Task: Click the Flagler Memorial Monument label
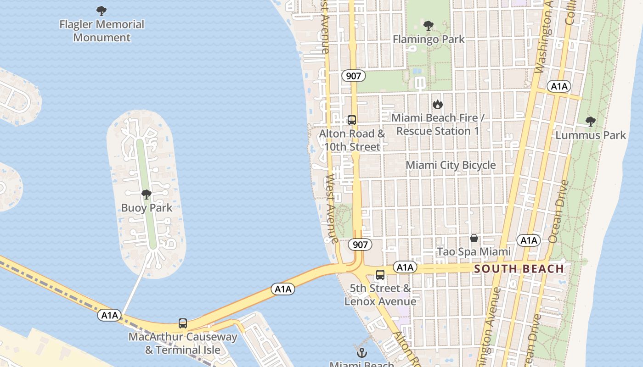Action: [102, 31]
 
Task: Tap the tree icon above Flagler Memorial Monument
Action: [102, 11]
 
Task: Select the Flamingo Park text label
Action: [429, 39]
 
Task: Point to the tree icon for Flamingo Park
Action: [429, 25]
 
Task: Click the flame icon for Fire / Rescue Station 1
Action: [438, 104]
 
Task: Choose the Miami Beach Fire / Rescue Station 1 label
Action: [437, 124]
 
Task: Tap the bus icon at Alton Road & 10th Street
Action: [352, 120]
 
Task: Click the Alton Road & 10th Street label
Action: [352, 140]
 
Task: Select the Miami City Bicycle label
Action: [451, 165]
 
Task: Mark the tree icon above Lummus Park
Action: [591, 122]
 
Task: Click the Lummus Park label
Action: [591, 135]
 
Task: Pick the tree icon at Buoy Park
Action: [147, 195]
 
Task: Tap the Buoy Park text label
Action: [147, 208]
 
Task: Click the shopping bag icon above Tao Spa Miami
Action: [474, 238]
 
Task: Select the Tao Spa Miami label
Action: [474, 252]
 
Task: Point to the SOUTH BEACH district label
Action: [519, 269]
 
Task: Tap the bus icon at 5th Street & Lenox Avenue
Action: [380, 275]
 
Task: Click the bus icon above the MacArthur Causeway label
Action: [183, 323]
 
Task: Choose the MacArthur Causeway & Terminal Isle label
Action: [183, 343]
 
